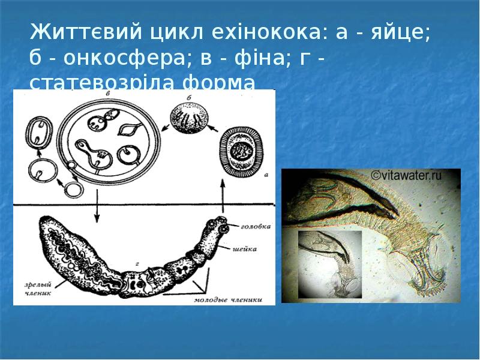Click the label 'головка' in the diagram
tap(254, 227)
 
